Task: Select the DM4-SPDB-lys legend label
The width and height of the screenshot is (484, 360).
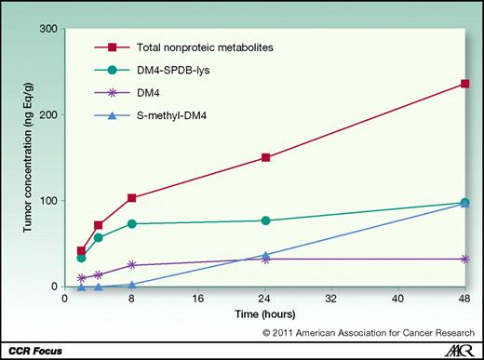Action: click(178, 69)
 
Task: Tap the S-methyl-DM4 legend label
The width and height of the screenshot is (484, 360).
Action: click(177, 115)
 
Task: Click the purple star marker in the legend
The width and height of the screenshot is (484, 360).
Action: click(112, 92)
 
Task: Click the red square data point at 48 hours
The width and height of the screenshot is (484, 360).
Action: click(464, 84)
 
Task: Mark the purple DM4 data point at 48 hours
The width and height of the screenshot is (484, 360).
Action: click(464, 259)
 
